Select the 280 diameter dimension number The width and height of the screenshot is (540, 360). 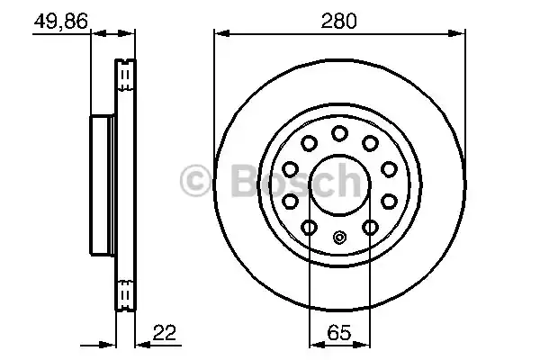(x=340, y=20)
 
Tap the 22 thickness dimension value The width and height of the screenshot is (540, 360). (x=163, y=332)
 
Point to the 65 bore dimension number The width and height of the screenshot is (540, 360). (x=339, y=332)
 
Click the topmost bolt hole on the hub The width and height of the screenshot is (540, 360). (x=339, y=133)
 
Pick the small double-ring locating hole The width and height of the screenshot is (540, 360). (x=339, y=238)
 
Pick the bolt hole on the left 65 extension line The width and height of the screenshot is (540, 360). (x=309, y=227)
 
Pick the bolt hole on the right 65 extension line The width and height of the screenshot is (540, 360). (x=370, y=227)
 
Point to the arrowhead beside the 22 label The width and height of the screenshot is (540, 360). (x=141, y=344)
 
